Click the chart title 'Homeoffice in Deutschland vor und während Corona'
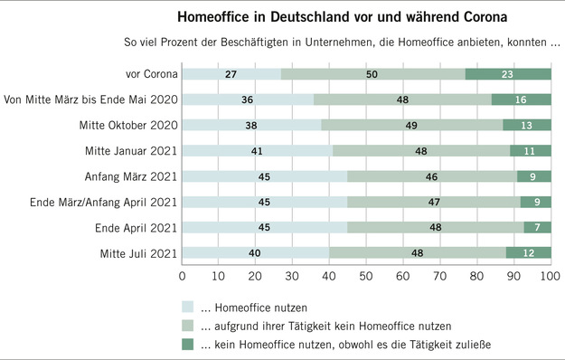pyautogui.click(x=329, y=17)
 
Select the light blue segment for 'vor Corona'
pyautogui.click(x=231, y=75)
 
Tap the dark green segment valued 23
pyautogui.click(x=508, y=75)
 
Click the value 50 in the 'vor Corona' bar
pyautogui.click(x=371, y=75)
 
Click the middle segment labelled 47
pyautogui.click(x=434, y=200)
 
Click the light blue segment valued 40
pyautogui.click(x=256, y=251)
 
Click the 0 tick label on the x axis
pyautogui.click(x=183, y=274)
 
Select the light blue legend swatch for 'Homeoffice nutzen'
pyautogui.click(x=188, y=307)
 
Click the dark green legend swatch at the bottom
pyautogui.click(x=188, y=344)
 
